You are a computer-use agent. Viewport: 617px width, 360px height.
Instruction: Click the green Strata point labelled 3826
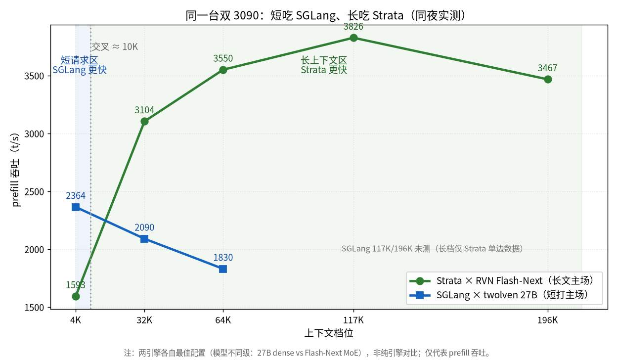(x=353, y=38)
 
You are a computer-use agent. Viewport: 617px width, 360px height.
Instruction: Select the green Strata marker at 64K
(x=223, y=70)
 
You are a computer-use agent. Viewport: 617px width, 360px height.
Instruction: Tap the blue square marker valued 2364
(x=76, y=207)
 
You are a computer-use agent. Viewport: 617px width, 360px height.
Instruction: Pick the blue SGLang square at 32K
(x=144, y=239)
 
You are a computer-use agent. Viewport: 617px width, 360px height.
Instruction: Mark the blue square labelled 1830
(x=223, y=269)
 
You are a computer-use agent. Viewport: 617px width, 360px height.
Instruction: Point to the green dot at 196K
(x=548, y=80)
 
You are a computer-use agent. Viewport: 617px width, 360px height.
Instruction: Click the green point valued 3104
(x=144, y=122)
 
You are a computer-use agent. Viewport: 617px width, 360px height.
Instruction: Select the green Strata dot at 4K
(x=76, y=296)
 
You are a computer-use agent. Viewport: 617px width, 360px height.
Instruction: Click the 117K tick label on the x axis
(x=353, y=320)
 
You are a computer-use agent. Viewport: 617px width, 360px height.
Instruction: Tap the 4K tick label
(x=76, y=320)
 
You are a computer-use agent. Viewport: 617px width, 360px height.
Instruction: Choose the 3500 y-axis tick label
(x=34, y=76)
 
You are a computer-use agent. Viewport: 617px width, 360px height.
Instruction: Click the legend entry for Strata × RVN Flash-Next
(x=501, y=281)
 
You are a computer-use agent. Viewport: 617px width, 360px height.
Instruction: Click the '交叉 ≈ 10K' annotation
(x=115, y=47)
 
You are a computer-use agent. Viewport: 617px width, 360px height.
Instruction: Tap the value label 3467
(x=548, y=68)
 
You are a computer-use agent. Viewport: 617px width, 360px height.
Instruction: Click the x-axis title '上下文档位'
(x=329, y=333)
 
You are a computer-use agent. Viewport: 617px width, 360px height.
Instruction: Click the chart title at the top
(x=327, y=15)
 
